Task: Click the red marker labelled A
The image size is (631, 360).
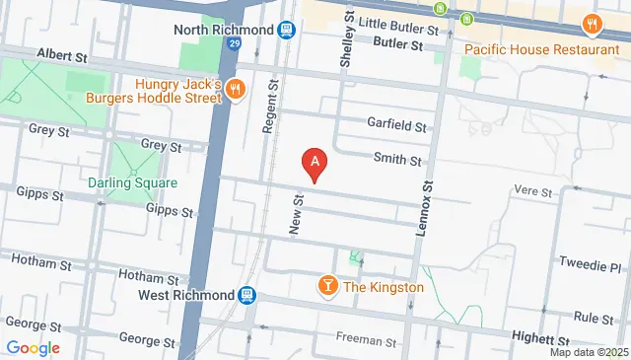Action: pos(315,162)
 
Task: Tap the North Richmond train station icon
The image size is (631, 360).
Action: pos(286,30)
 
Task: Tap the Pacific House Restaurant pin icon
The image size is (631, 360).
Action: pos(591,24)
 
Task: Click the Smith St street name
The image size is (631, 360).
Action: pos(397,160)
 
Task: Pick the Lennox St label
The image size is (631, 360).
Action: pos(428,197)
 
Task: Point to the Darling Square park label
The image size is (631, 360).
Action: pos(132,182)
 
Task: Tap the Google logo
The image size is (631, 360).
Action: pos(34,347)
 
